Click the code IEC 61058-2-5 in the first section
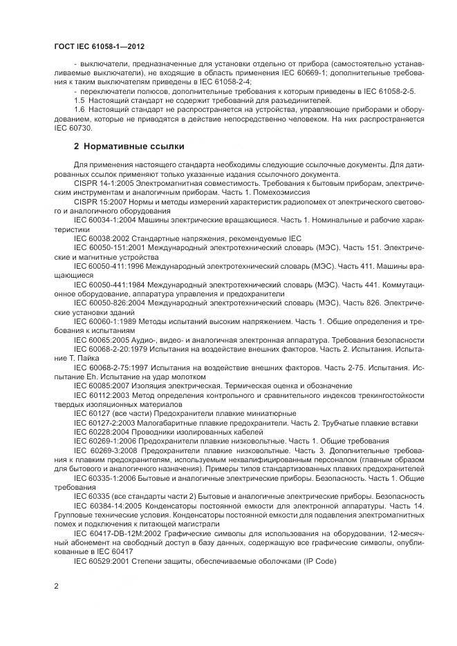(389, 91)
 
